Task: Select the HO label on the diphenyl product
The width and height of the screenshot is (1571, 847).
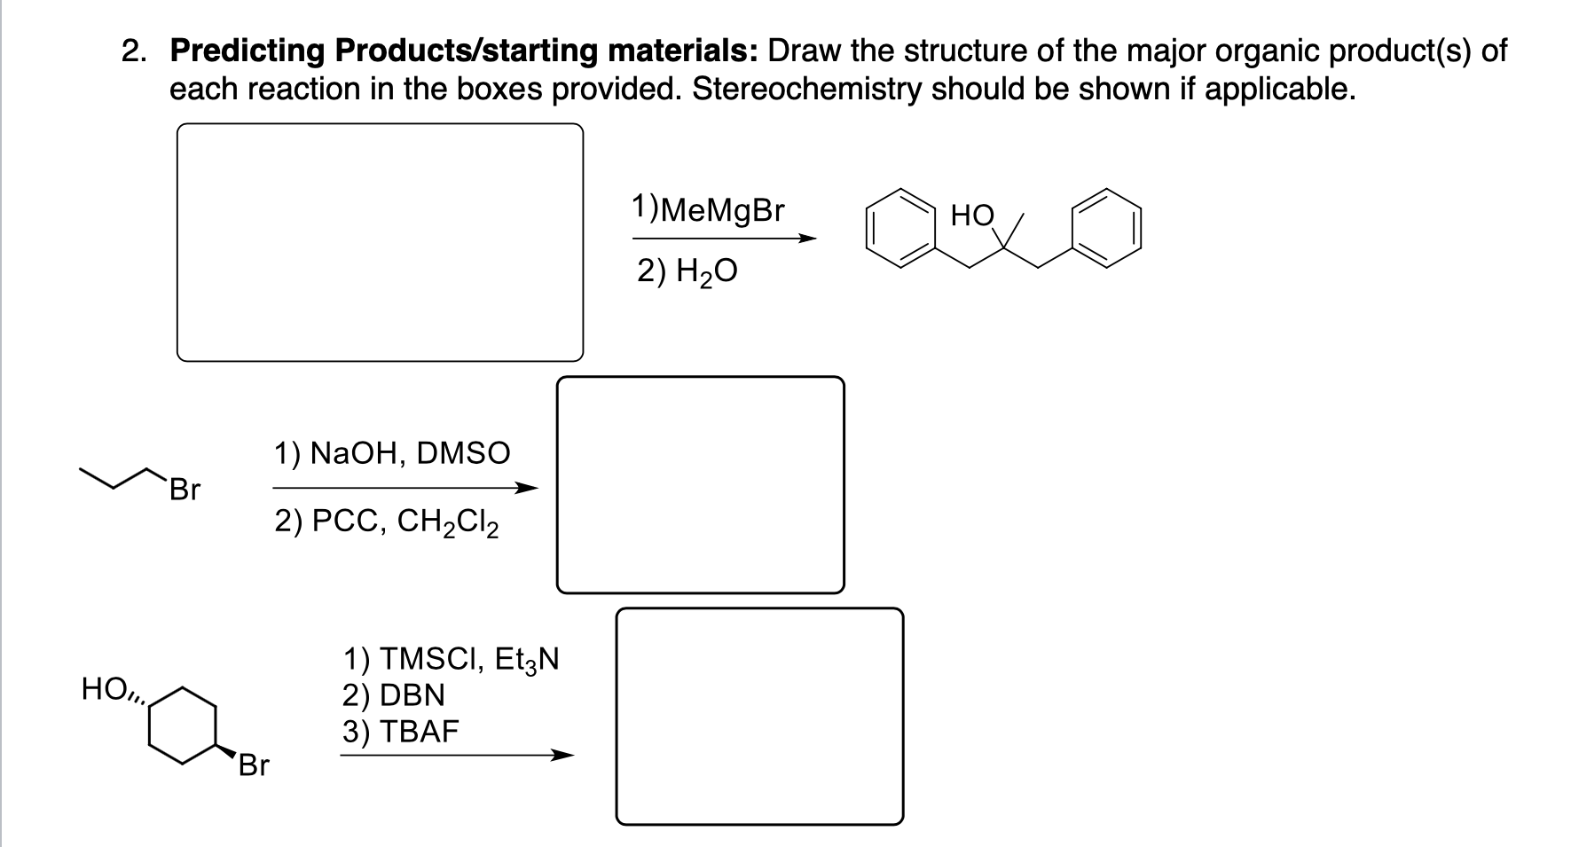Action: pyautogui.click(x=972, y=216)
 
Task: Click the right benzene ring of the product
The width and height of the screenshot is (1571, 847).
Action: pyautogui.click(x=1106, y=227)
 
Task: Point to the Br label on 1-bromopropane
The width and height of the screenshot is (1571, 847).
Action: pyautogui.click(x=185, y=490)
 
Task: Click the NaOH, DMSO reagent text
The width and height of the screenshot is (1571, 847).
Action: pyautogui.click(x=391, y=453)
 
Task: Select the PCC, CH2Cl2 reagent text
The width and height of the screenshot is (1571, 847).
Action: pyautogui.click(x=386, y=522)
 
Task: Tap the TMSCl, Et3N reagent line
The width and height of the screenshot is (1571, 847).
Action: pyautogui.click(x=451, y=659)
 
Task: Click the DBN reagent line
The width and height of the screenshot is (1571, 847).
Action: pyautogui.click(x=394, y=694)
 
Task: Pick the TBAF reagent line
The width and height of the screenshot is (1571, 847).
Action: pyautogui.click(x=401, y=732)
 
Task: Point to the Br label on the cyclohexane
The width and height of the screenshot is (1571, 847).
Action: pyautogui.click(x=253, y=765)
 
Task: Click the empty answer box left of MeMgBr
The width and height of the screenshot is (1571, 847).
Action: pyautogui.click(x=380, y=242)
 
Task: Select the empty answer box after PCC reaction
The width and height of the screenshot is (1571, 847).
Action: pyautogui.click(x=700, y=484)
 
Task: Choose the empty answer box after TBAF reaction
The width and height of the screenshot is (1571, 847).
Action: pyautogui.click(x=759, y=716)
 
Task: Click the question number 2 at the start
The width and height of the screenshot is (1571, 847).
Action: pyautogui.click(x=133, y=51)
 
